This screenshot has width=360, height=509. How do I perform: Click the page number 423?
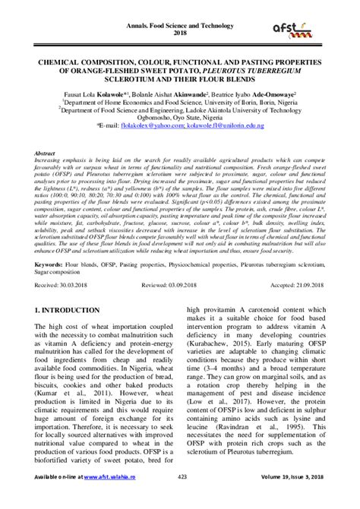pos(180,498)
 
